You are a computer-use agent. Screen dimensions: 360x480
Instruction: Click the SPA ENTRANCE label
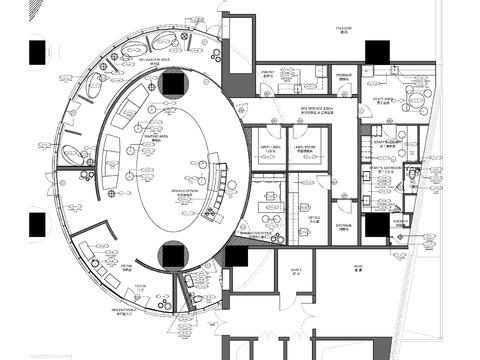pyautogui.click(x=124, y=312)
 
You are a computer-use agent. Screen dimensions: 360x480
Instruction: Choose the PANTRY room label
pyautogui.click(x=268, y=74)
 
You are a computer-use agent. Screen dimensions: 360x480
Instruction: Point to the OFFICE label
pyautogui.click(x=313, y=219)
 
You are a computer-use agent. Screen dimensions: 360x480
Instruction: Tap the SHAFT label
pyautogui.click(x=296, y=271)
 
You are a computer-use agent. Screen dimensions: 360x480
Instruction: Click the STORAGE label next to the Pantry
pyautogui.click(x=343, y=75)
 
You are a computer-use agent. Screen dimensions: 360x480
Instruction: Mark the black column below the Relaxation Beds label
pyautogui.click(x=173, y=82)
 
